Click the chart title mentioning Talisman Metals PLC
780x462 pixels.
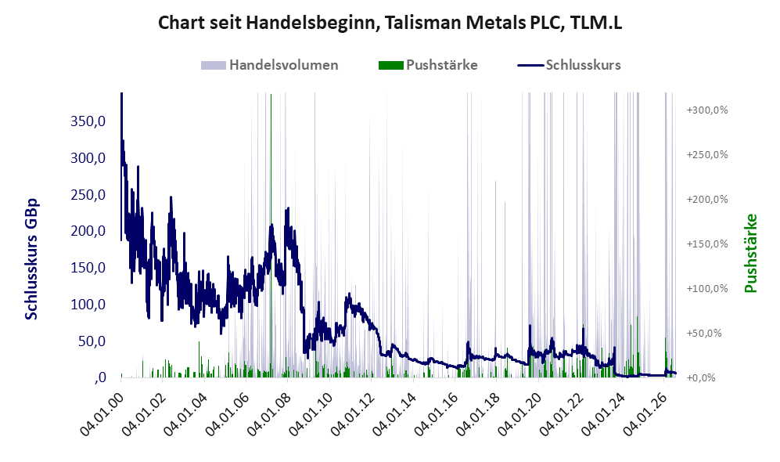click(390, 23)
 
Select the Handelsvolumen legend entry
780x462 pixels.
click(270, 65)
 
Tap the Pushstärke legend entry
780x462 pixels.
click(428, 65)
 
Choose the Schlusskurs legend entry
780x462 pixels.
click(569, 65)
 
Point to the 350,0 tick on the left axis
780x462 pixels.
click(88, 121)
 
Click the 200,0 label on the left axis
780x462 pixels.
click(88, 231)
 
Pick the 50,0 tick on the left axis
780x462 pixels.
click(92, 341)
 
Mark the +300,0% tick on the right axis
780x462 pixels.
click(707, 110)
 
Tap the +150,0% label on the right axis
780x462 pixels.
click(707, 244)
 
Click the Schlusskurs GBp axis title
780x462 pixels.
click(31, 259)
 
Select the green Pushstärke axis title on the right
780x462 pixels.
click(750, 253)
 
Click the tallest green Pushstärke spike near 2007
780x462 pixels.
click(271, 234)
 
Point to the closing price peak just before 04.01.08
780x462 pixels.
click(287, 210)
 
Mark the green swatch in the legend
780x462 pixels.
click(390, 65)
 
